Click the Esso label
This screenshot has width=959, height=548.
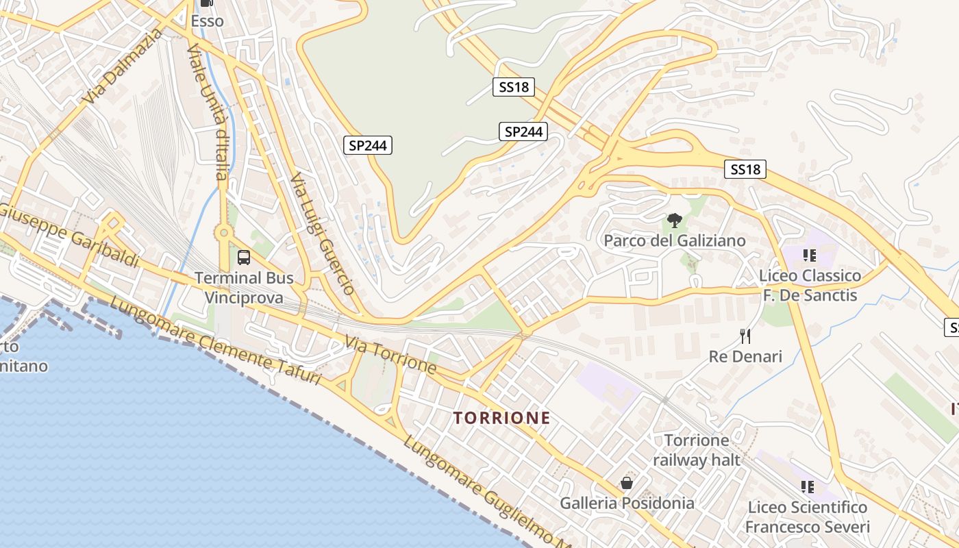pos(207,21)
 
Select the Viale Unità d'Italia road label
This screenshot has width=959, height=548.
pos(208,110)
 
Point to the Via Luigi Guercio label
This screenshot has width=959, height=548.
pos(322,234)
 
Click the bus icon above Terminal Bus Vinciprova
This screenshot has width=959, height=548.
pos(244,258)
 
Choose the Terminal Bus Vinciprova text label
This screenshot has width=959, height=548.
pos(244,288)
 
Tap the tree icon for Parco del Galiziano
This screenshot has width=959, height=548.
pos(675,221)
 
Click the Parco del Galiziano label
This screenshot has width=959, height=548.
pos(675,240)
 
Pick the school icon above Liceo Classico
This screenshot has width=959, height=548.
pos(810,256)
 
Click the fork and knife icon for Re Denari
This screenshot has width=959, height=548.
pos(746,336)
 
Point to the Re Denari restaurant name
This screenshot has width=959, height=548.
pos(745,356)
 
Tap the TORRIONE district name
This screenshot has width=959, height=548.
pos(501,418)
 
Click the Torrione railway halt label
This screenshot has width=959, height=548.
pos(697,449)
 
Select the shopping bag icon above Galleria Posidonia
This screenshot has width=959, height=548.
pos(626,483)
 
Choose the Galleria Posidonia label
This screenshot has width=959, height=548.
pos(627,503)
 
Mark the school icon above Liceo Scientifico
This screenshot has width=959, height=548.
pos(808,486)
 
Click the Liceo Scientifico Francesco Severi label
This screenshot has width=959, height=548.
pos(808,517)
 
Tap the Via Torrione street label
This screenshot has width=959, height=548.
pos(390,354)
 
